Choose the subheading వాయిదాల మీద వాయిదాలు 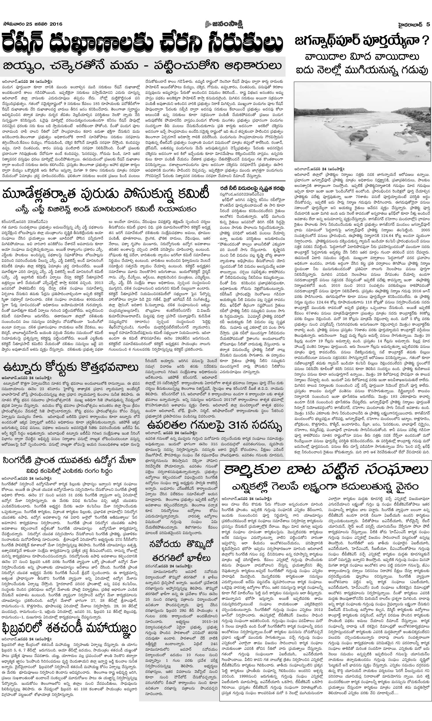click(x=362, y=57)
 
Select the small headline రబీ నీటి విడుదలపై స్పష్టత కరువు click(x=252, y=189)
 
